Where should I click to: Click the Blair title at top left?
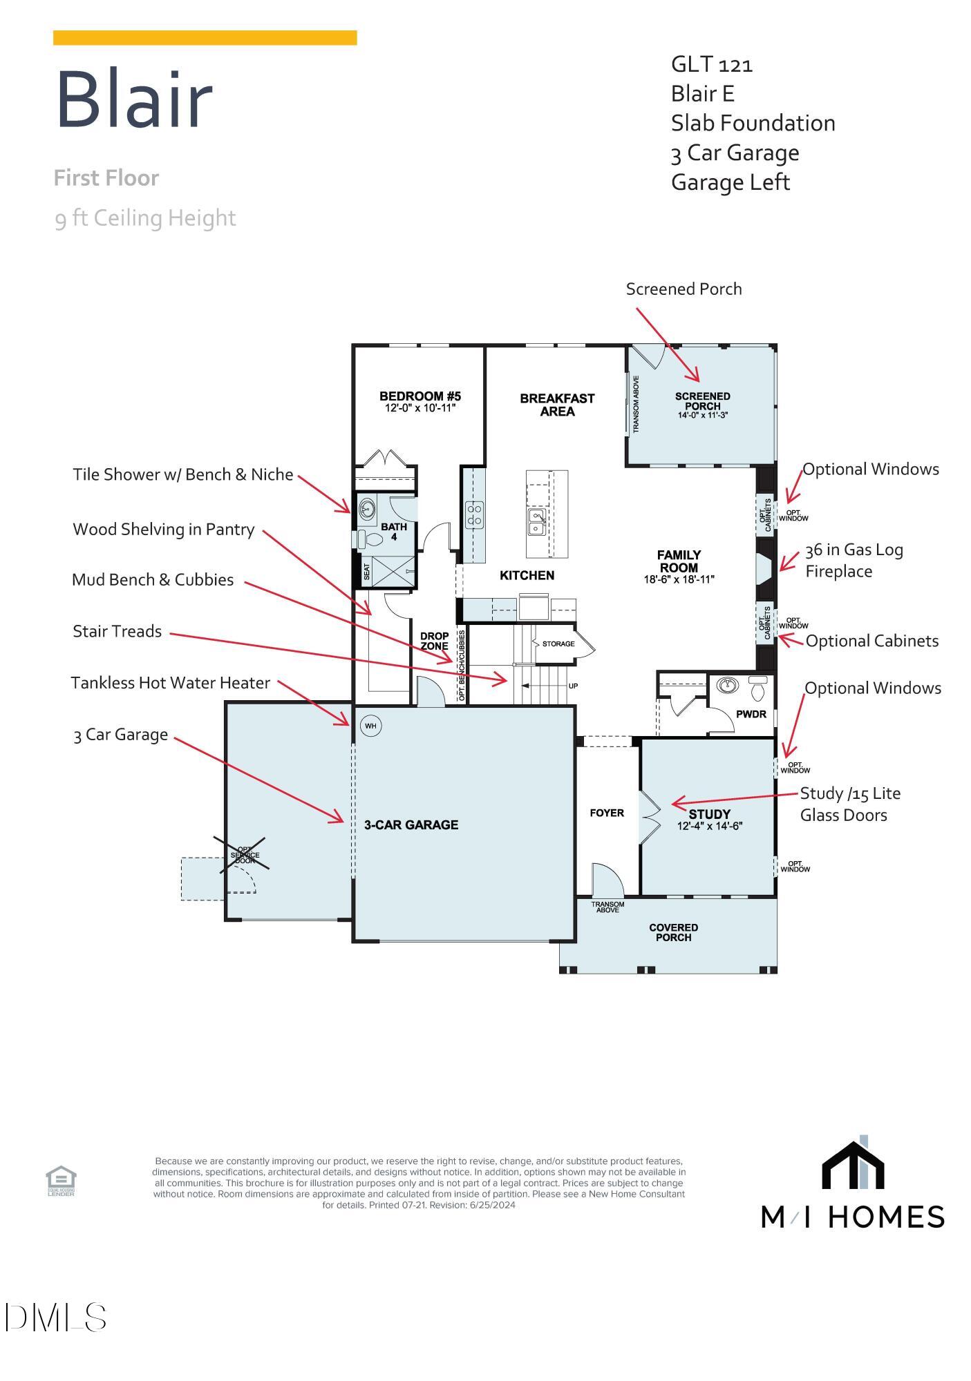point(133,100)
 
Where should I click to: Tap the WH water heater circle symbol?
point(370,726)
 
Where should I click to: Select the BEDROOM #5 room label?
point(420,396)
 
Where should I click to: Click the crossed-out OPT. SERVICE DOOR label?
point(245,856)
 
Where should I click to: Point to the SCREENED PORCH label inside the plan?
point(702,401)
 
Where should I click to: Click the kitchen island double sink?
point(538,523)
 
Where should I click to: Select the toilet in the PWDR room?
point(757,688)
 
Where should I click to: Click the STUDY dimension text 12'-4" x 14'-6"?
point(710,826)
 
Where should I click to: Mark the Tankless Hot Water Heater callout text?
point(171,683)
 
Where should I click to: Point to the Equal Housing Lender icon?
point(61,1181)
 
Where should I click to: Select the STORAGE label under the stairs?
point(558,644)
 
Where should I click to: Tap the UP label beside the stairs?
point(573,686)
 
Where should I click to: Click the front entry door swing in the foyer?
point(608,880)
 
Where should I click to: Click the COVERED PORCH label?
point(673,932)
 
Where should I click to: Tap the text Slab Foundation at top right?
point(753,123)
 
